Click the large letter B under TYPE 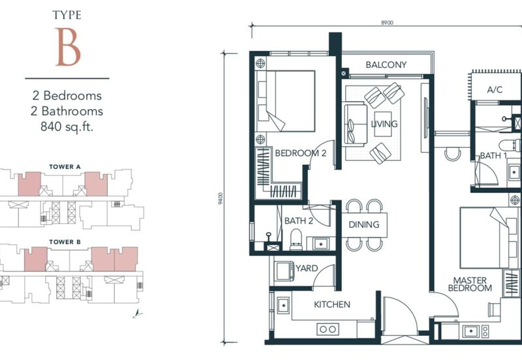click(68, 47)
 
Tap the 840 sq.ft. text click(67, 127)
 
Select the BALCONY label click(386, 65)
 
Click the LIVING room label click(384, 124)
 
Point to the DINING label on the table click(364, 224)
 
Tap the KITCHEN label click(332, 305)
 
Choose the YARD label click(307, 268)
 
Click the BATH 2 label click(299, 221)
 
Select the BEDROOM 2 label click(301, 153)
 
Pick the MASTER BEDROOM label click(470, 284)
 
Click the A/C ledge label click(495, 89)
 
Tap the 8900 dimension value click(387, 23)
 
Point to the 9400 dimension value click(220, 198)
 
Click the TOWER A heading click(65, 167)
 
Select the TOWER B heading click(65, 242)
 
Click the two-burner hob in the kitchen click(328, 329)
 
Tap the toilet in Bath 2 click(296, 239)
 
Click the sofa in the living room click(355, 125)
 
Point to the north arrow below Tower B click(137, 314)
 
